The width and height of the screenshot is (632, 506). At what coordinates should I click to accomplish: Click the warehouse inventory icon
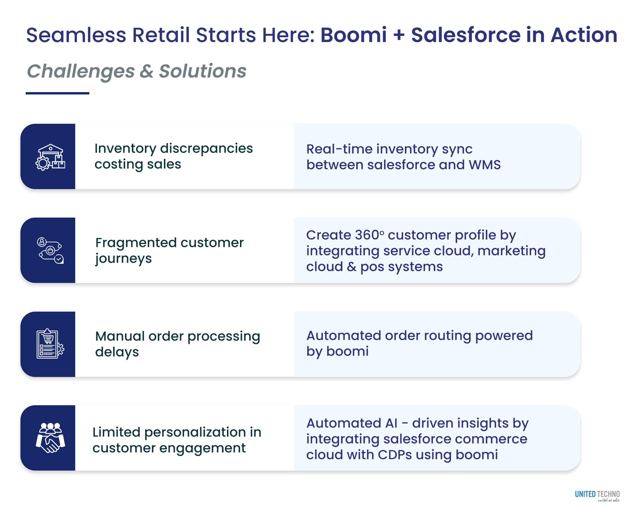(50, 157)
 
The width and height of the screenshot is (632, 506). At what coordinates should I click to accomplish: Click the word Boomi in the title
(353, 35)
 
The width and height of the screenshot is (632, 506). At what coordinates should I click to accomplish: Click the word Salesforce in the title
(466, 35)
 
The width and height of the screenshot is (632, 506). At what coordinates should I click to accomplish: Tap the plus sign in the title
(399, 35)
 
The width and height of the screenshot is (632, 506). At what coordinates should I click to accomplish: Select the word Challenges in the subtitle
(81, 71)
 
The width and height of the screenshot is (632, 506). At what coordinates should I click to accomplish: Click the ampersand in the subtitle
(146, 71)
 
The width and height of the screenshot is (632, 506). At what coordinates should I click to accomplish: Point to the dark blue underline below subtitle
(58, 93)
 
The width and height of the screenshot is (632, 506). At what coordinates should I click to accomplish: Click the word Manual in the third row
(120, 336)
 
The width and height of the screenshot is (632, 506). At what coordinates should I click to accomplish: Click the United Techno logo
(597, 495)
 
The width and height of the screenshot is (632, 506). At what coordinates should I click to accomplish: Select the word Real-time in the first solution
(339, 149)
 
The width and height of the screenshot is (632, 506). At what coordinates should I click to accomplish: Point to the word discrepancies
(206, 148)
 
